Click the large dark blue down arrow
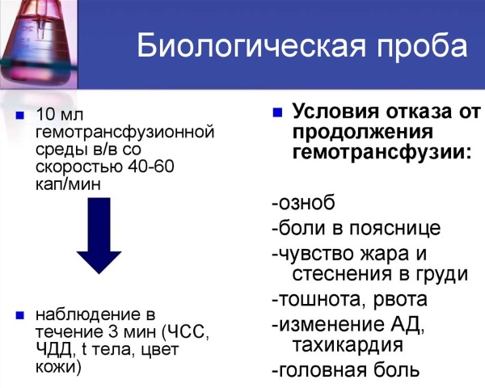click(110, 244)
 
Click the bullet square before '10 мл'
click(20, 115)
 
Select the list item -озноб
click(303, 203)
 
